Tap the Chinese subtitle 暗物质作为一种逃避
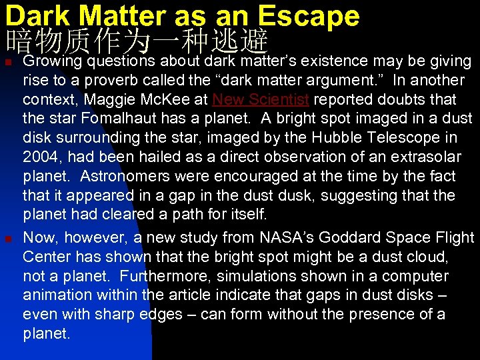(x=137, y=42)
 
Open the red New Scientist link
(x=260, y=100)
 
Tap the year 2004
(x=41, y=158)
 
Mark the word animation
(x=55, y=295)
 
